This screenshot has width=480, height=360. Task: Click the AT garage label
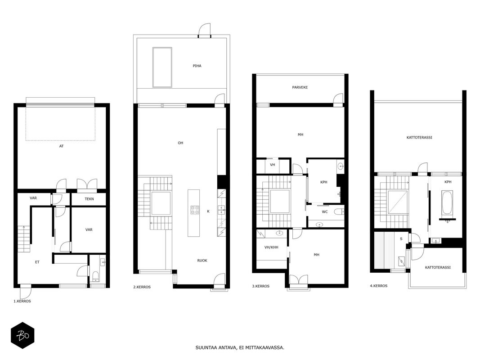(61, 146)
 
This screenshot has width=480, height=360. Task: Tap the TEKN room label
(89, 199)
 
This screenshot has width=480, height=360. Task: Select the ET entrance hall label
(37, 262)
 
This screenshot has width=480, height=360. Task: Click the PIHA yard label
(197, 66)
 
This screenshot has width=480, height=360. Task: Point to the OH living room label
(180, 143)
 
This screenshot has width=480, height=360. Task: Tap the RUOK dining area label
(202, 261)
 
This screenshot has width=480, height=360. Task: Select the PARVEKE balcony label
(300, 87)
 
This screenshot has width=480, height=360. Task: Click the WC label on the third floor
(324, 212)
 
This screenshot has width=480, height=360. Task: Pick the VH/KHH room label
(271, 247)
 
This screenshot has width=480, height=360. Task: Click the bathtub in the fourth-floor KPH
(447, 202)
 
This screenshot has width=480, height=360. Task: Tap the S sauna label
(401, 239)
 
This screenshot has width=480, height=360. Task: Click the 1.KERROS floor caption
(22, 301)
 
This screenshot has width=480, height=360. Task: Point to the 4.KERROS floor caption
(379, 286)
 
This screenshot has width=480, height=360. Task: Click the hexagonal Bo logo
(22, 336)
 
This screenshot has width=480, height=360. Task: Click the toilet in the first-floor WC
(95, 276)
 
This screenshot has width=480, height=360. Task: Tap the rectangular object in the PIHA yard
(162, 67)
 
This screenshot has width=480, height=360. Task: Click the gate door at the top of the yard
(205, 31)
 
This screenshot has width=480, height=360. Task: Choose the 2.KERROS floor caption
(142, 287)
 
